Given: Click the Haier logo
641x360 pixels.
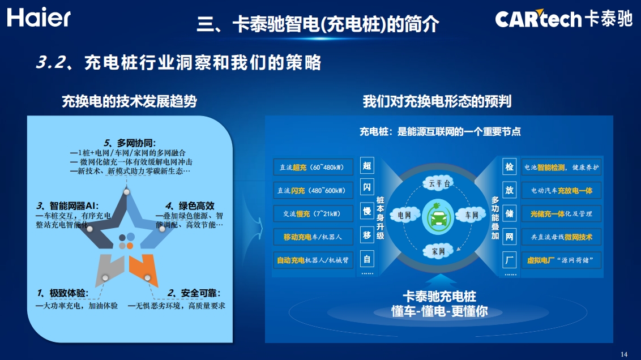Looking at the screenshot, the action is click(39, 18).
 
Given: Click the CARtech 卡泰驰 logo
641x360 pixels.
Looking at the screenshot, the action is click(564, 18).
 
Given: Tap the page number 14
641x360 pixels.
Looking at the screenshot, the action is click(624, 354).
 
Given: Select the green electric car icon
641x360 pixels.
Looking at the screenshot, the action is click(438, 217).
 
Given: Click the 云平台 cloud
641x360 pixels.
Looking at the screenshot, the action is click(439, 183).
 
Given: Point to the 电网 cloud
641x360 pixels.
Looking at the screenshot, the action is click(404, 215).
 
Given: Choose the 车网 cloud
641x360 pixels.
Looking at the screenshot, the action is click(472, 215).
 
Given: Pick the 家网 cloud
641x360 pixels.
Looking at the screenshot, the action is click(438, 251).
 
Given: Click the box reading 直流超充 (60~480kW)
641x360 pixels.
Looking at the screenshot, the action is click(313, 167).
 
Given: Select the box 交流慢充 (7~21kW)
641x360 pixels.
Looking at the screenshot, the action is click(313, 214).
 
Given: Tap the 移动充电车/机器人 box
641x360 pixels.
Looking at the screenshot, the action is click(313, 237).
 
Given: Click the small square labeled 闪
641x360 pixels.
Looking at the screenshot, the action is click(367, 187).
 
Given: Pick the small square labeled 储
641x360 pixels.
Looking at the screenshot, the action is click(510, 213).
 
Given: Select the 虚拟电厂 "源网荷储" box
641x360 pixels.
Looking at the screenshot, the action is click(561, 260).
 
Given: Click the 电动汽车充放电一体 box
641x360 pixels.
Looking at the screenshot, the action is click(561, 190).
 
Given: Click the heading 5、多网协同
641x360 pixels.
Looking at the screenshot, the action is click(130, 143).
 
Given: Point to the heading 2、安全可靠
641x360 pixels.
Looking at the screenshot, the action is click(194, 293).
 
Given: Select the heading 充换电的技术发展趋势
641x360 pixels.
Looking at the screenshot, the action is click(129, 101).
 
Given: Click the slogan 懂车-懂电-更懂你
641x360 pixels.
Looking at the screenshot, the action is click(439, 311).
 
